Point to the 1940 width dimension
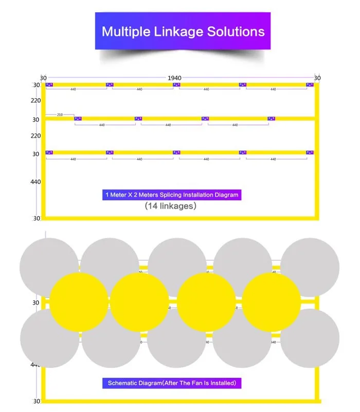point(174,78)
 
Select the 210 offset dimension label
point(60,115)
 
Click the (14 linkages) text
point(170,207)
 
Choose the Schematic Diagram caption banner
point(172,383)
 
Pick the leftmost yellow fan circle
point(79,302)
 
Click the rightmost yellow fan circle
point(271,302)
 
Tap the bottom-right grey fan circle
point(310,338)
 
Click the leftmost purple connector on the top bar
point(49,85)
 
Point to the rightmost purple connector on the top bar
point(310,85)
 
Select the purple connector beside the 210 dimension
point(78,119)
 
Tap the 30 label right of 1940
point(317,78)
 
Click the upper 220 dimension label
point(35,101)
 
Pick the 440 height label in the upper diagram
point(35,182)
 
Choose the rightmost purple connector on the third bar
point(310,153)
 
